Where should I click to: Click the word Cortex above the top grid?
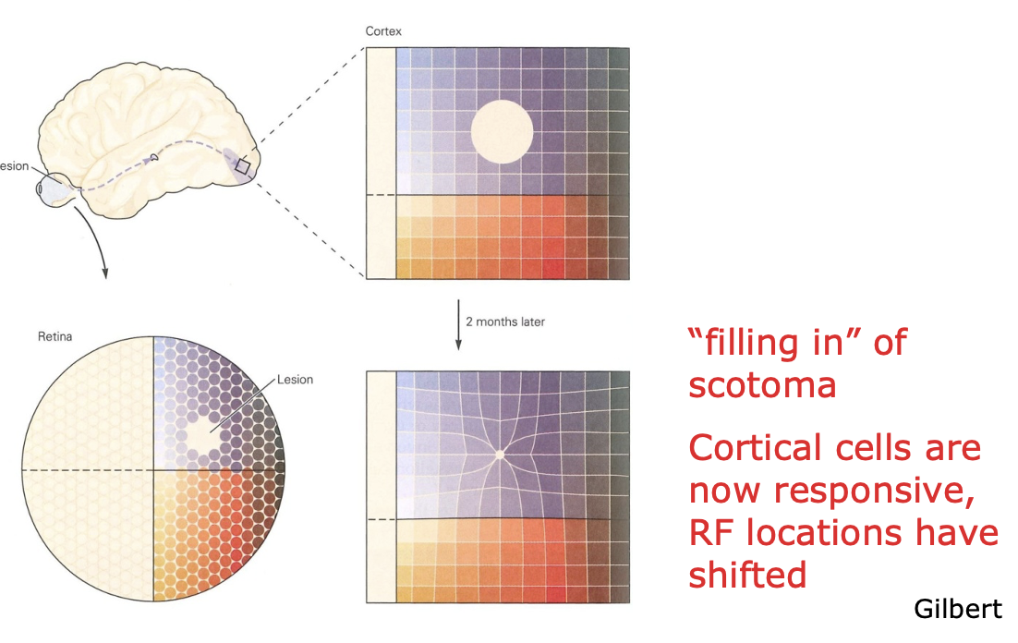(383, 31)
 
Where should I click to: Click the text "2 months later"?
(505, 322)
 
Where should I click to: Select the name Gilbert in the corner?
(958, 609)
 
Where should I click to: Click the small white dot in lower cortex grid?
(500, 455)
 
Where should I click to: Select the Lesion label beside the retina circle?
(295, 380)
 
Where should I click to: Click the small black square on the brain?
(242, 165)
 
